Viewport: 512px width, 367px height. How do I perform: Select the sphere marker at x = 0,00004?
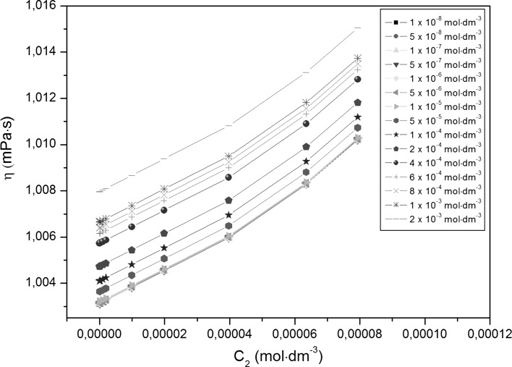(x=229, y=177)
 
